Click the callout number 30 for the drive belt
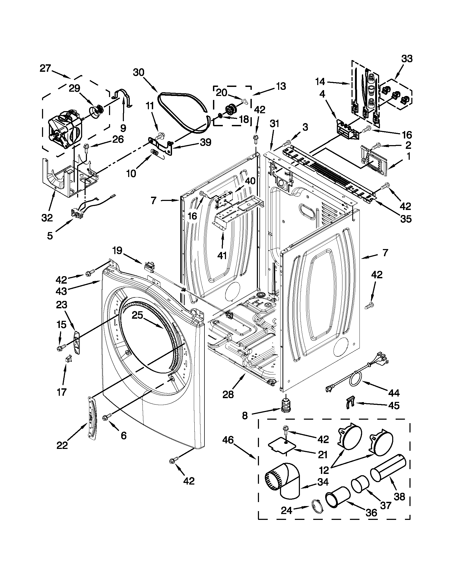[x=139, y=73]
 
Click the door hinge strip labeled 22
[x=92, y=420]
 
